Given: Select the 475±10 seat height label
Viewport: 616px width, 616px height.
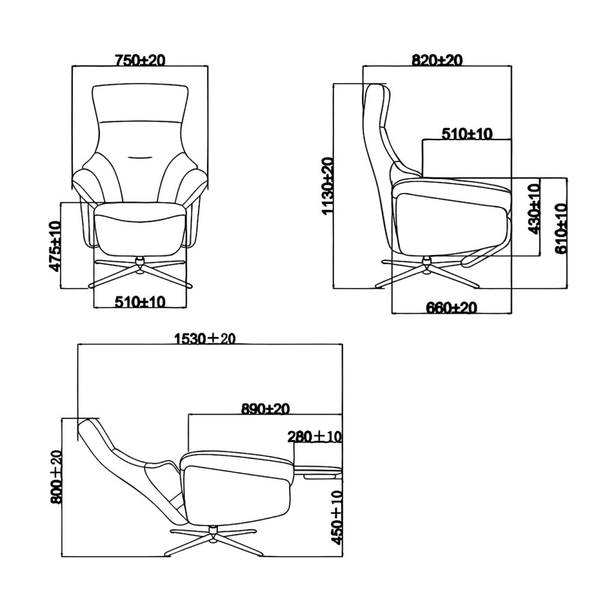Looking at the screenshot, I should click(x=55, y=245).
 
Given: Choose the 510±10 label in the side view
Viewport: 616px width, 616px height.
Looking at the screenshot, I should click(x=467, y=133).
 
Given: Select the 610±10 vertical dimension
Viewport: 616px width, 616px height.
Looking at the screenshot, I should click(x=561, y=228).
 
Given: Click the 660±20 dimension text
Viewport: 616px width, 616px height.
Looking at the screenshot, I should click(x=451, y=308).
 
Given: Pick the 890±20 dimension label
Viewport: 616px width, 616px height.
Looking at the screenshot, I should click(x=265, y=408).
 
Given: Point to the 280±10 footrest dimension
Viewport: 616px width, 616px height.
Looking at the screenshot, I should click(x=315, y=436).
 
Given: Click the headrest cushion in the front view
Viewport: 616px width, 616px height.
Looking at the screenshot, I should click(x=140, y=103).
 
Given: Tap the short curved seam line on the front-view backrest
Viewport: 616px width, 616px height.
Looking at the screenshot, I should click(x=140, y=158).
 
